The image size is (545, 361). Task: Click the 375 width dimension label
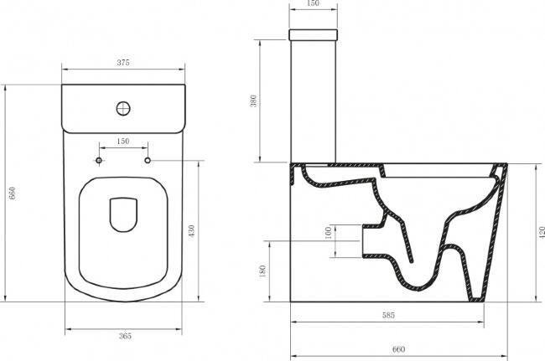pos(123,63)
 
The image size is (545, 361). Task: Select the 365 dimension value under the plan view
pos(125,336)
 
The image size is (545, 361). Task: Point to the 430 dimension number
pos(191,231)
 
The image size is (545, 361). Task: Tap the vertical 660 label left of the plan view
pos(13,193)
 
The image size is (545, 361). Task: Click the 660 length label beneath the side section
pos(398,349)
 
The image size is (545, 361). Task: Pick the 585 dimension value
pos(388,315)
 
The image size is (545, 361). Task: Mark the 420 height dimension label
pos(542,233)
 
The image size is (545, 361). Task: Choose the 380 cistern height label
pos(253,101)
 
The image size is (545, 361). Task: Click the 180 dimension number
pos(262,271)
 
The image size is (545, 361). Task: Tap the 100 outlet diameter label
pos(328,233)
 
